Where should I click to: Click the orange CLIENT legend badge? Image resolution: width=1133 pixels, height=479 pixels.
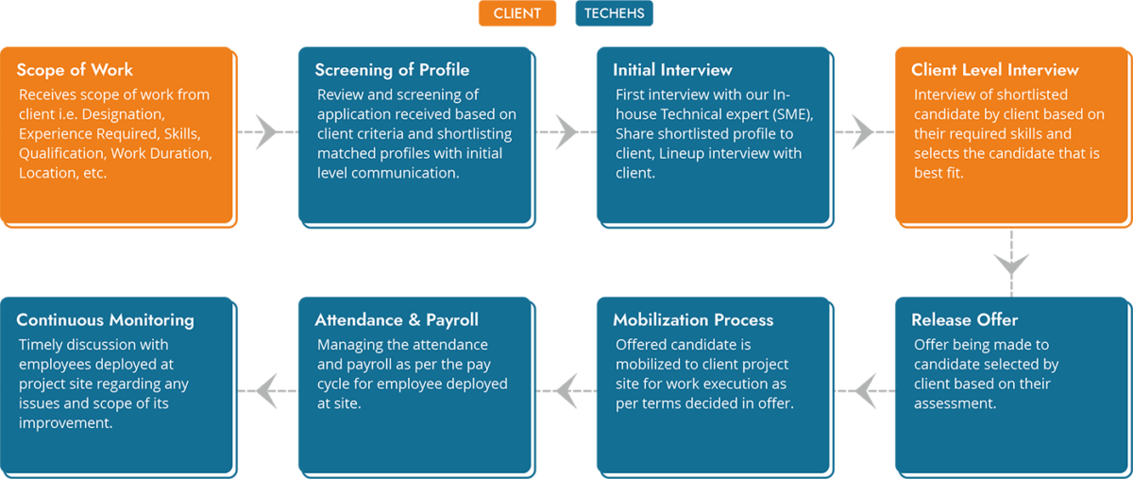[x=517, y=13]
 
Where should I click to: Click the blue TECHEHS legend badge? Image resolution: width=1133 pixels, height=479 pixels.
[x=614, y=13]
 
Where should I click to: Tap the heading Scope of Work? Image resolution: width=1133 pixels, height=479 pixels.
[x=75, y=70]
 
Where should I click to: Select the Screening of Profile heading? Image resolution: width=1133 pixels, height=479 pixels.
[x=392, y=70]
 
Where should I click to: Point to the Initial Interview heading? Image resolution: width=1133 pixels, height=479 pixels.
[x=672, y=70]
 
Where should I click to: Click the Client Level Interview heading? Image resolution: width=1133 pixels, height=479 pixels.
[x=995, y=70]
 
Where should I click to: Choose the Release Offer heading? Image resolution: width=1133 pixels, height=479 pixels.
[x=965, y=320]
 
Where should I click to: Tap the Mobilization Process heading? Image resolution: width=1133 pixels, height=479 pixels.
[x=693, y=320]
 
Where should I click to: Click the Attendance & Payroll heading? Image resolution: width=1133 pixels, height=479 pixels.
[x=397, y=320]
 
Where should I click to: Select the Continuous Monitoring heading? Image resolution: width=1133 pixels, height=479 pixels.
[x=105, y=320]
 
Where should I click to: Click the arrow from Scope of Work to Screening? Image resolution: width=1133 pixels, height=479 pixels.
[x=267, y=132]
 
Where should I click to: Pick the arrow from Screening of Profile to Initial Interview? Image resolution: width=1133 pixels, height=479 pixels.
[x=566, y=132]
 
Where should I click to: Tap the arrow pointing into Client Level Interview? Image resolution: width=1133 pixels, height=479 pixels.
[x=865, y=132]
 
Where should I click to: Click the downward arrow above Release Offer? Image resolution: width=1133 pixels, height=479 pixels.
[x=1011, y=264]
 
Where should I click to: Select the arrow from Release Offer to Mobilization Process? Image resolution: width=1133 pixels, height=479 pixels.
[x=865, y=391]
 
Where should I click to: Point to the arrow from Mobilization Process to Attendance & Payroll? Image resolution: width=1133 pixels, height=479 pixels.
[x=566, y=391]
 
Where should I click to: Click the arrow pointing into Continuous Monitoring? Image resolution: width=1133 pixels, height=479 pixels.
[x=267, y=391]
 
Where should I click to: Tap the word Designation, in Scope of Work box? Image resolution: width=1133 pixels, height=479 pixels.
[x=124, y=114]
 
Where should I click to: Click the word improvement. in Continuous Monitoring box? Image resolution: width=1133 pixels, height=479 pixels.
[x=66, y=423]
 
